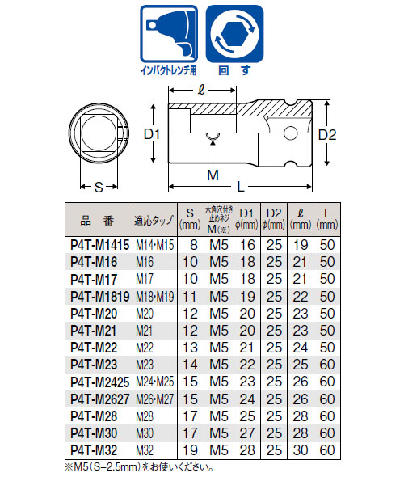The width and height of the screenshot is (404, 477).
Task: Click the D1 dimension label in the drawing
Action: [x=154, y=133]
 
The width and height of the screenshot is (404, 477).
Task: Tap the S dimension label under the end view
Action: [x=97, y=187]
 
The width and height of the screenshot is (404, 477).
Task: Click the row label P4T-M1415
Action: [x=98, y=244]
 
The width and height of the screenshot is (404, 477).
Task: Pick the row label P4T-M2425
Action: [x=98, y=380]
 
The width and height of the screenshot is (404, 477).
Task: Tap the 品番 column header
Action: [x=98, y=218]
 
